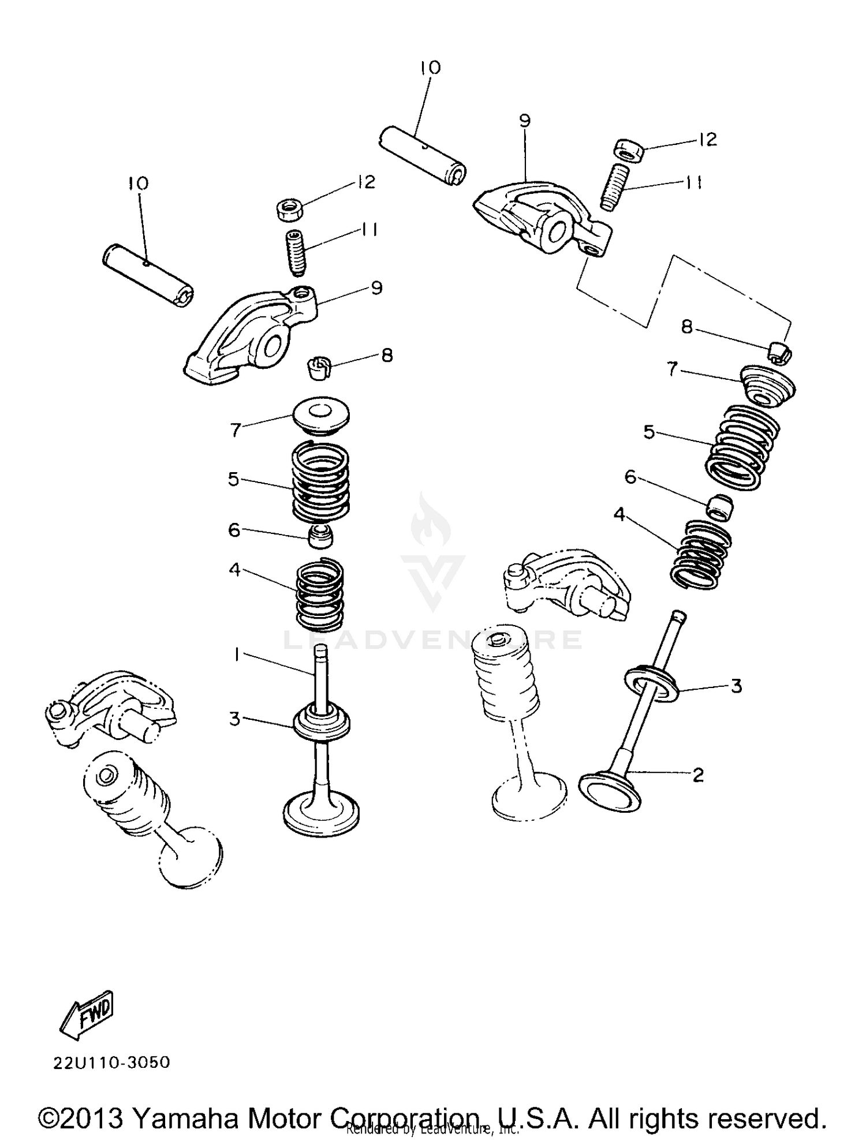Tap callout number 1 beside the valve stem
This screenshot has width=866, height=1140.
236,653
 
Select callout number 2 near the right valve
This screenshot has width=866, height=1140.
698,775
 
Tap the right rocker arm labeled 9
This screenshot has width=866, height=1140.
543,219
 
